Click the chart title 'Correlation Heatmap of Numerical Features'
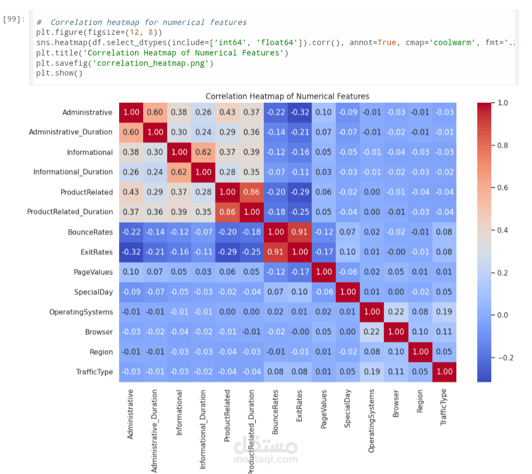pos(287,96)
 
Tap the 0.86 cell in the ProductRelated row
pos(251,192)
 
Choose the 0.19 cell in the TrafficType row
pos(372,372)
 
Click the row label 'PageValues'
pos(93,272)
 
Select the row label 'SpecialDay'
pos(93,292)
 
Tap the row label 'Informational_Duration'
pos(73,172)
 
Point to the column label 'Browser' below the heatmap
pos(396,403)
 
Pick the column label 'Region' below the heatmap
pos(420,402)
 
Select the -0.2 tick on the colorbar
pos(506,358)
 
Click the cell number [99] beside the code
pos(14,19)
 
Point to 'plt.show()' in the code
pos(59,73)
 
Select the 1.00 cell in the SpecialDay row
pos(348,292)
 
